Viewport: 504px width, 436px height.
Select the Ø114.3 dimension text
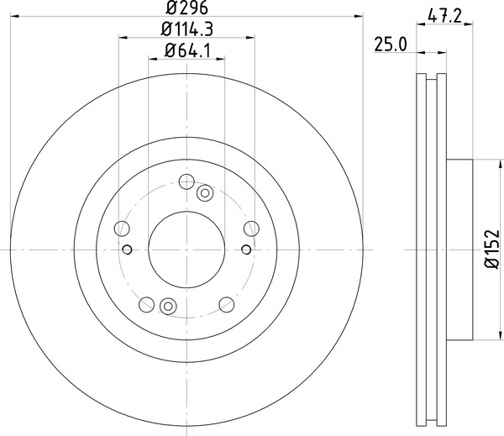click(186, 29)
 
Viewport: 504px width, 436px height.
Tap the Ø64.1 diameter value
click(186, 51)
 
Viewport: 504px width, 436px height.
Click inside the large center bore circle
click(186, 249)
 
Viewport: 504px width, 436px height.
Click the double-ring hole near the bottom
click(168, 306)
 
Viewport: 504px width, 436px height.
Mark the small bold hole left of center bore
click(128, 249)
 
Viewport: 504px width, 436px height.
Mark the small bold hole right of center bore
click(245, 249)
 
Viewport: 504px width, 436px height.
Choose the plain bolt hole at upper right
click(249, 228)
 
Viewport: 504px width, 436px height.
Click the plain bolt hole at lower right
click(226, 303)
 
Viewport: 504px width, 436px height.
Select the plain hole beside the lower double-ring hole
click(148, 303)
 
